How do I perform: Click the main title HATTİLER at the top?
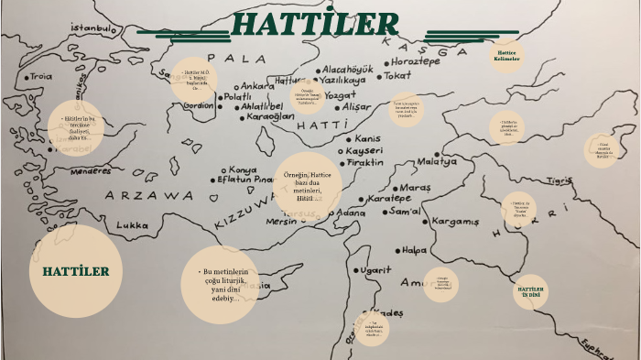(315, 25)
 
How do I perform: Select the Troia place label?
(40, 77)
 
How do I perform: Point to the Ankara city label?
(244, 87)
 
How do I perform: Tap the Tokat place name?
(397, 76)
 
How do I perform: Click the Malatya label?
(437, 161)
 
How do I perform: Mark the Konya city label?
(243, 169)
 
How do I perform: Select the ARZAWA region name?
(148, 195)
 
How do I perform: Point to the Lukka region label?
(133, 224)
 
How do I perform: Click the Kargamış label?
(455, 222)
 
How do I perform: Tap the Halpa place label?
(415, 249)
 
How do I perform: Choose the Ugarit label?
(375, 270)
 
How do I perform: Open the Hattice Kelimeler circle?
(505, 56)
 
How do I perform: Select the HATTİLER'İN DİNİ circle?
(532, 290)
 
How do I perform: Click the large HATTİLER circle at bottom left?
(76, 271)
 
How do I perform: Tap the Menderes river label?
(91, 170)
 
